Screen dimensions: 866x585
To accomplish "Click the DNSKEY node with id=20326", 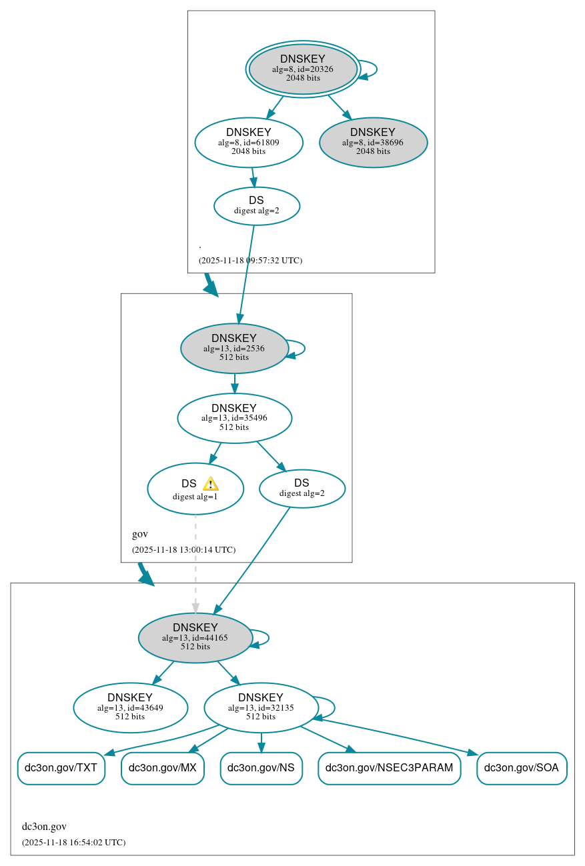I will click(303, 69).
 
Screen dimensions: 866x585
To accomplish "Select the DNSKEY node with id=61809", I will click(249, 142).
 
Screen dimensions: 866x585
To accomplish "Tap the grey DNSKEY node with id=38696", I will click(373, 142).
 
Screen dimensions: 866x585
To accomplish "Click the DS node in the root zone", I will click(257, 205).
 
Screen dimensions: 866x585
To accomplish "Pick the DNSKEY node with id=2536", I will click(234, 348).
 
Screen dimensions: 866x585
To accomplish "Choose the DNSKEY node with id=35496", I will click(234, 418).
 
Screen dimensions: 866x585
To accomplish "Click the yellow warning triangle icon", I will click(210, 484).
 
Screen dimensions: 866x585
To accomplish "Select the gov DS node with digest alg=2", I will click(302, 488).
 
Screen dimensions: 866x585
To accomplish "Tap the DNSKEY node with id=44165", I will click(195, 637).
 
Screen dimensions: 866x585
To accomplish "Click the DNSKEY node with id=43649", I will click(130, 707).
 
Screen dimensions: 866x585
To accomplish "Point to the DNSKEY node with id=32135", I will click(261, 707).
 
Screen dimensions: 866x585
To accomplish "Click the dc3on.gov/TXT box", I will click(61, 768).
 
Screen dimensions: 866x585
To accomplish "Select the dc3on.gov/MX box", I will click(162, 768).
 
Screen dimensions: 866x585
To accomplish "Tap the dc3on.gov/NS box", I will click(261, 768).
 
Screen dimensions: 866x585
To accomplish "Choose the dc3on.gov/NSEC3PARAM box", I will click(389, 768).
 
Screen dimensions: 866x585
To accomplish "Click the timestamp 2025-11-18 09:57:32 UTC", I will click(250, 260).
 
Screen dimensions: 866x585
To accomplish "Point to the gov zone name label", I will click(140, 534).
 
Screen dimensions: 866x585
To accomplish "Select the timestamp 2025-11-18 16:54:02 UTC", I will click(73, 842).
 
